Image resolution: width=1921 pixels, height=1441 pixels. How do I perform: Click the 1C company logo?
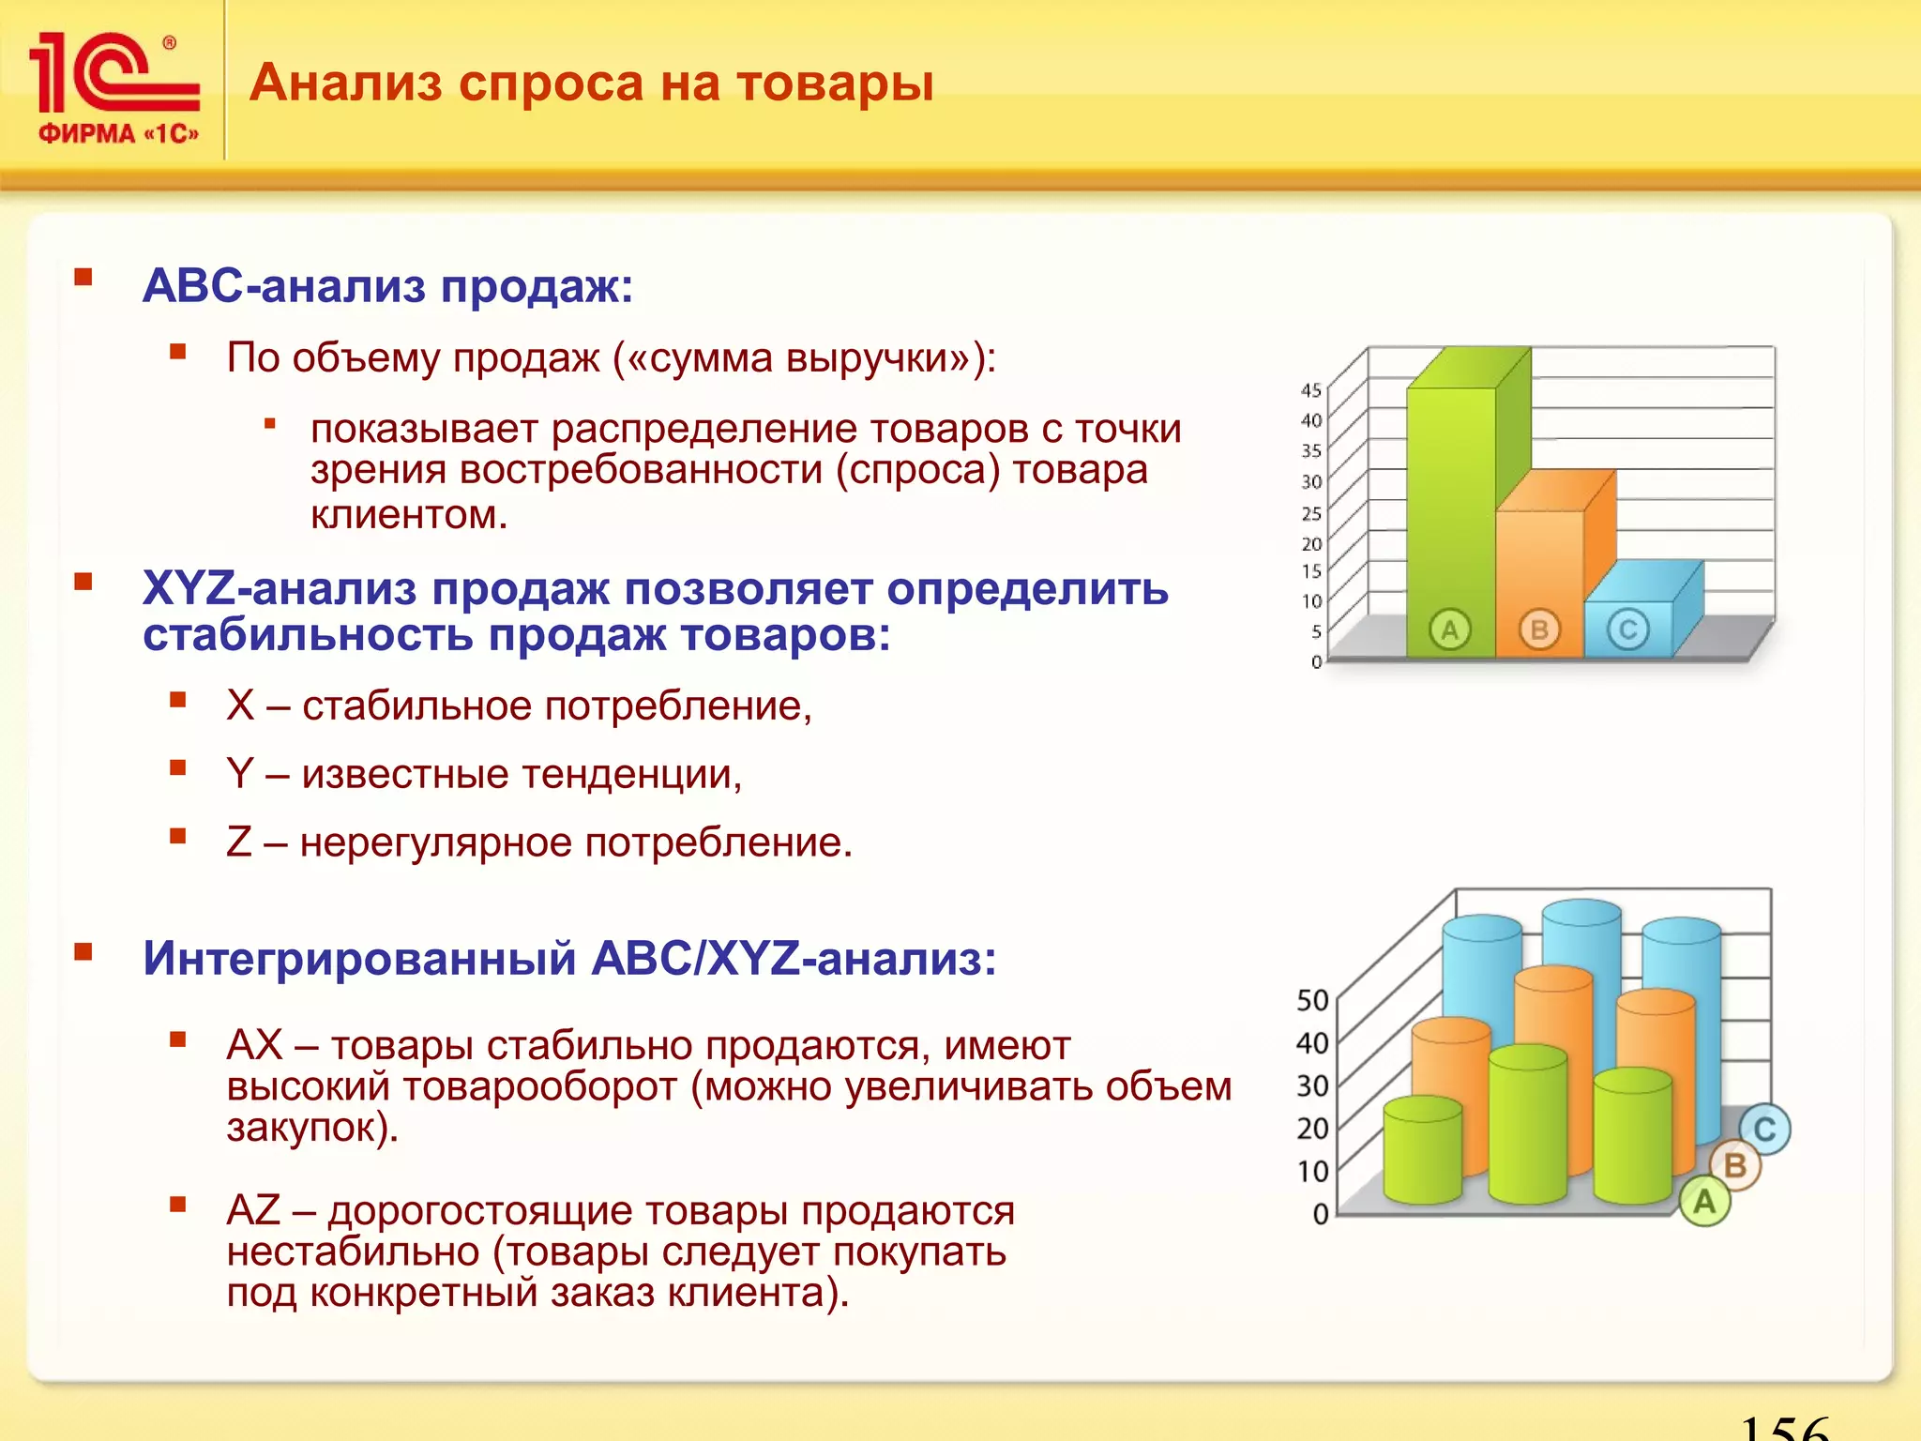tap(114, 86)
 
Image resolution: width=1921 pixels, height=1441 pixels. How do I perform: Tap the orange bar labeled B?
tap(1539, 582)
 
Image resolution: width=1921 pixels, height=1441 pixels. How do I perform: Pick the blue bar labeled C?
tap(1628, 629)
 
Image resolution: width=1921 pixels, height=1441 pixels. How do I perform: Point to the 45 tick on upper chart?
tap(1310, 390)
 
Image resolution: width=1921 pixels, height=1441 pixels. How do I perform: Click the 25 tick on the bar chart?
tap(1310, 513)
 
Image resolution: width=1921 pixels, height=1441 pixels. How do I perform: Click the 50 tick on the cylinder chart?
tap(1312, 1000)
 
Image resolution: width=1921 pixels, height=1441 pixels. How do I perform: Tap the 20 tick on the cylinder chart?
tap(1312, 1128)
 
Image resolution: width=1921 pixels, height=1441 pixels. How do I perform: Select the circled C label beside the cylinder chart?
tap(1764, 1129)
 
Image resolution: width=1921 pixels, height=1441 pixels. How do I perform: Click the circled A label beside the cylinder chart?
tap(1704, 1201)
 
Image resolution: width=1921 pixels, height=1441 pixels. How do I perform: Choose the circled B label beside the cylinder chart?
tap(1735, 1165)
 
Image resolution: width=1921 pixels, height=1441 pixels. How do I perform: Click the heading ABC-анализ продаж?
tap(387, 285)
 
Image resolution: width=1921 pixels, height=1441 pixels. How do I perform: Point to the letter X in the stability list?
tap(240, 705)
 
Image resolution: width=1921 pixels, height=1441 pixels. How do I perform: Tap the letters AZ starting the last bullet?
tap(253, 1210)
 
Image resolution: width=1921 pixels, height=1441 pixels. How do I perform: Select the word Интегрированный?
tap(359, 959)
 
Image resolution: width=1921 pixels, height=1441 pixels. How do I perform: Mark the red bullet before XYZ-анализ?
tap(83, 582)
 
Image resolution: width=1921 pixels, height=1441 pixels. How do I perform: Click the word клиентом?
tap(409, 514)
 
